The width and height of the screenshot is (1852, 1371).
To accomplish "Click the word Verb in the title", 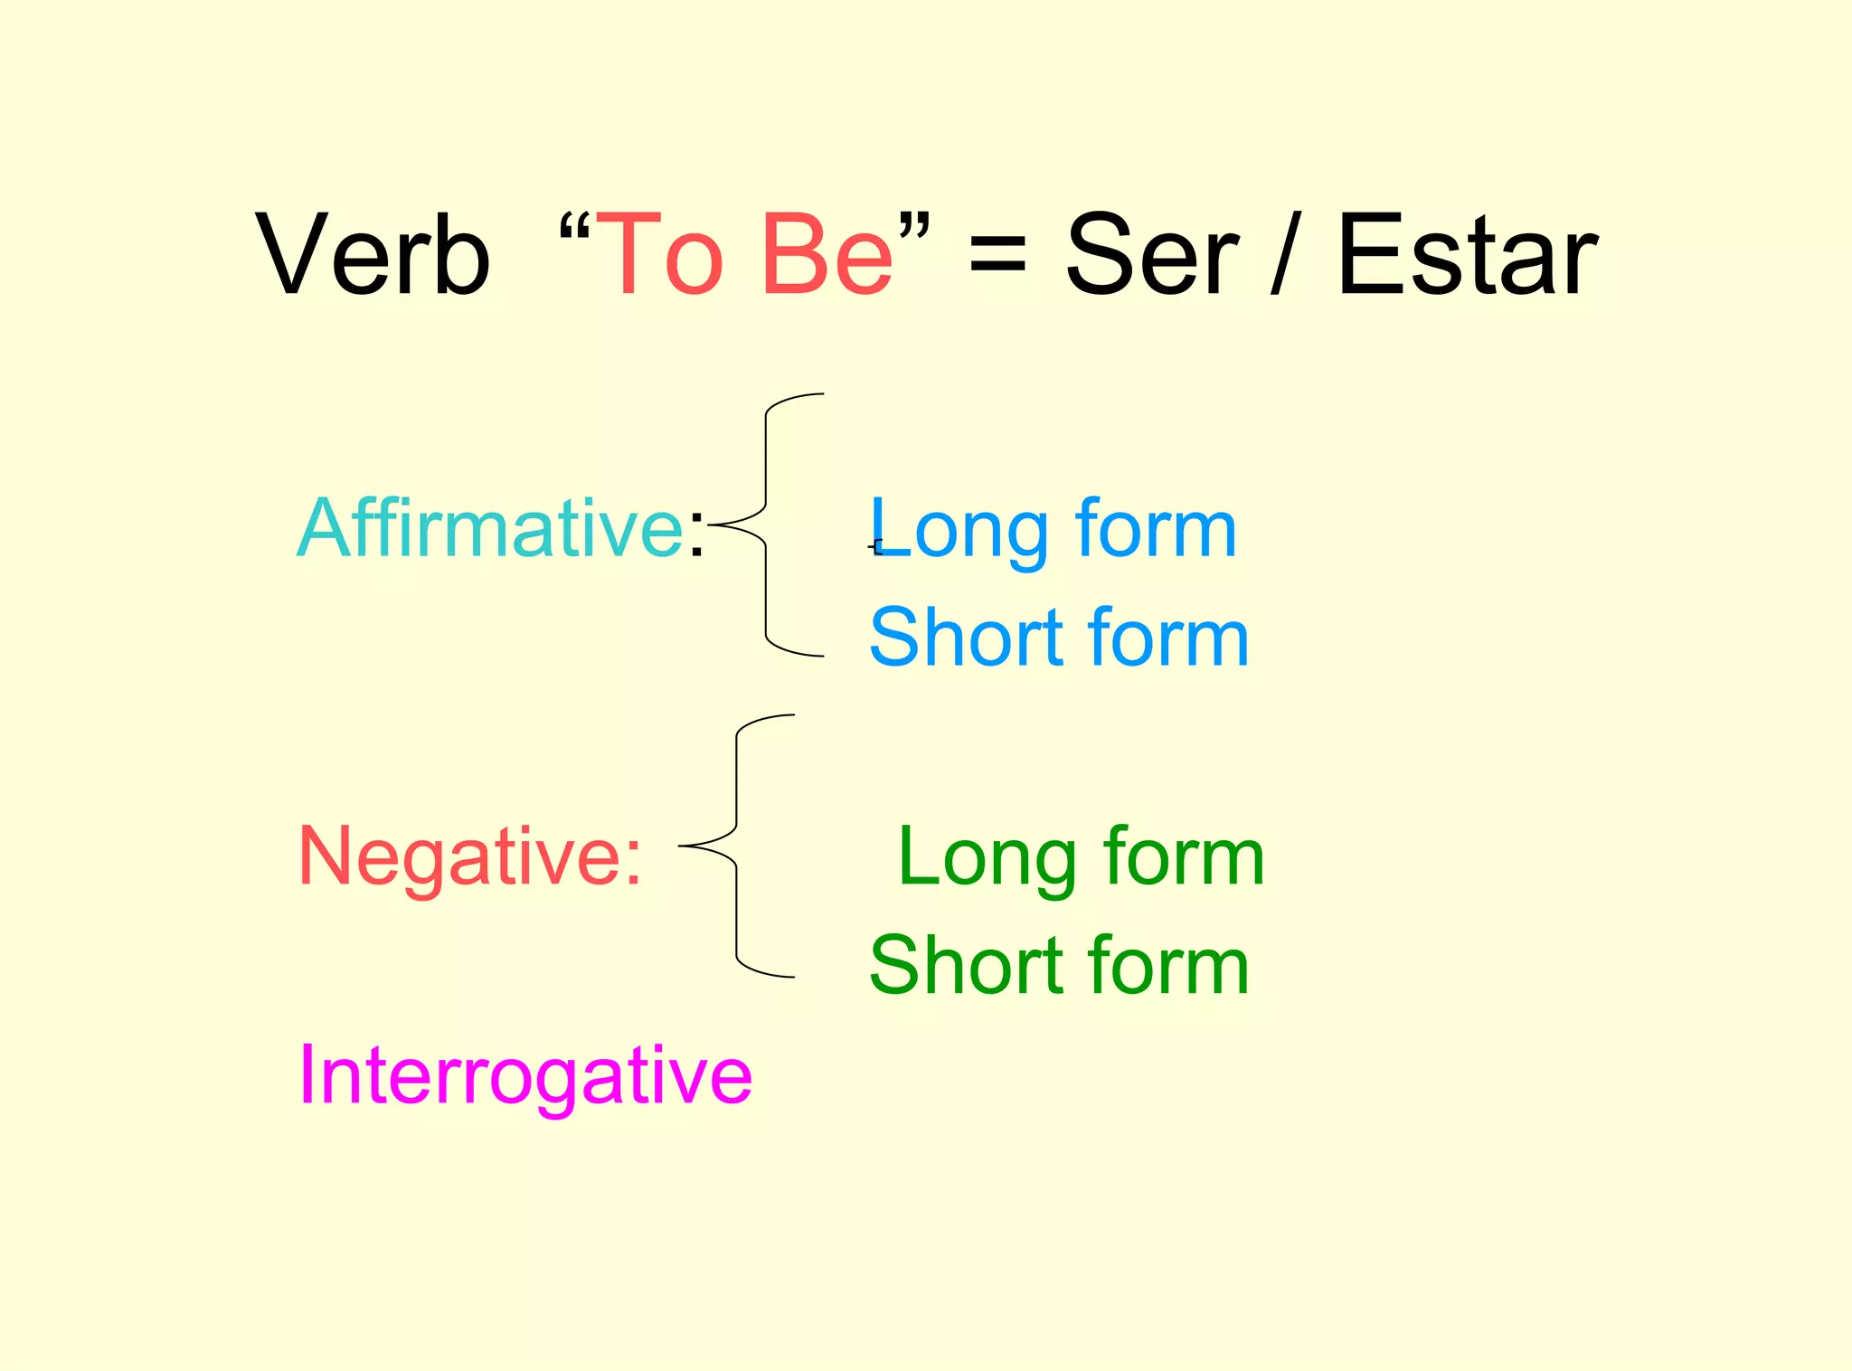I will click(x=373, y=254).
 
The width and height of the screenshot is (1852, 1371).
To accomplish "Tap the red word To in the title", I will click(x=660, y=254).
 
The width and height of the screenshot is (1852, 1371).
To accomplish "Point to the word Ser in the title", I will click(x=1151, y=254).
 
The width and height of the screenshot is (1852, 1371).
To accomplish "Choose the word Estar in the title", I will click(x=1466, y=254).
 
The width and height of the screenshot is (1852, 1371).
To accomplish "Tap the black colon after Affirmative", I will click(x=695, y=534).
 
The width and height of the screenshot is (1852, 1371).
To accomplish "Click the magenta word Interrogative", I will click(x=525, y=1075).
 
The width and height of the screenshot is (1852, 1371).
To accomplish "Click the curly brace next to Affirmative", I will click(x=767, y=525).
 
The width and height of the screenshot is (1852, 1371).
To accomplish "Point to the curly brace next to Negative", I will click(x=737, y=846).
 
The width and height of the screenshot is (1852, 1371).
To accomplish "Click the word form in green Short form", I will click(x=1168, y=966).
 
